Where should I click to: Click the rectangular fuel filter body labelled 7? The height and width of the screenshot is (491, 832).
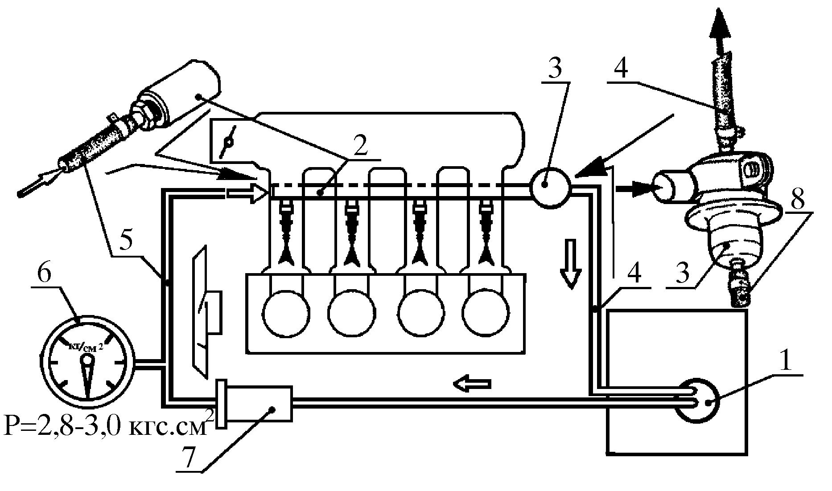(x=254, y=404)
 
